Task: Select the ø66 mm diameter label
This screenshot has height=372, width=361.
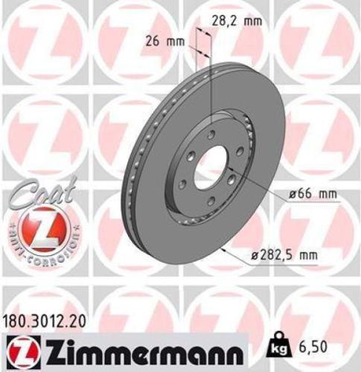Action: pos(313,194)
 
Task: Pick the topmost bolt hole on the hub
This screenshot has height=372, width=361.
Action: pos(211,135)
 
